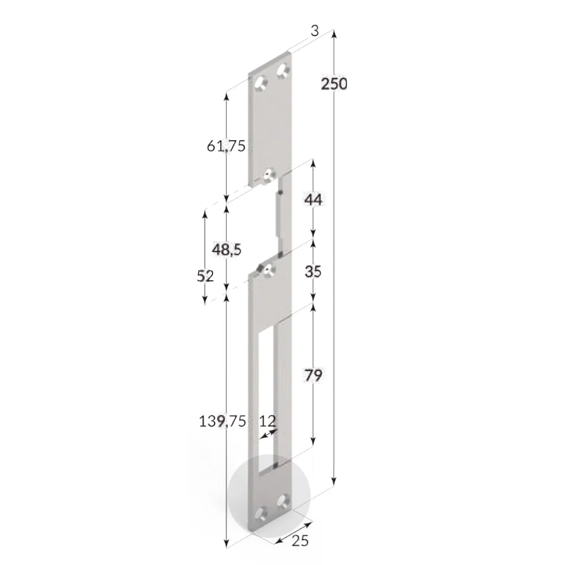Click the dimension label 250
coord(334,84)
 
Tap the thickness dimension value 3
coord(315,31)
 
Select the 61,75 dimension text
coord(226,145)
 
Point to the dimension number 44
coord(313,200)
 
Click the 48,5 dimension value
coord(226,250)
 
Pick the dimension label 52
coord(205,276)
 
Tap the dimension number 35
coord(313,272)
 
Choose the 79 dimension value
coord(313,376)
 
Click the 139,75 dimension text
coord(222,421)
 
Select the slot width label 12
coord(268,421)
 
